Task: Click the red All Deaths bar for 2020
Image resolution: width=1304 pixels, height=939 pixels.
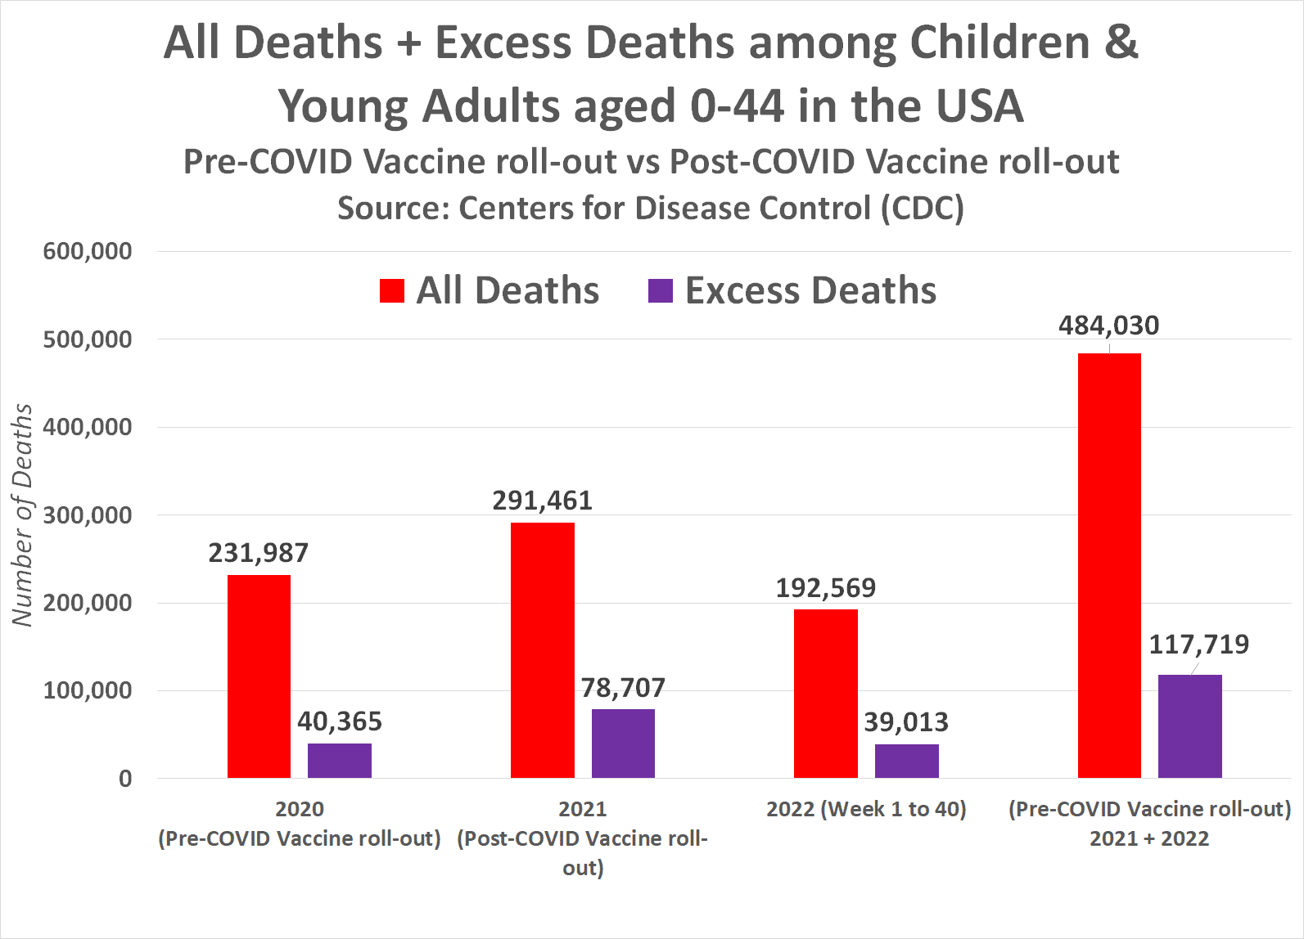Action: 259,676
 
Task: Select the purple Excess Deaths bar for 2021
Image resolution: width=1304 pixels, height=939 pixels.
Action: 623,744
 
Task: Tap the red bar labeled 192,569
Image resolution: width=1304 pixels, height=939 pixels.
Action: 825,694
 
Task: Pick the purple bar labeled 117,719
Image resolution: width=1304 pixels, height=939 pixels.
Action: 1189,726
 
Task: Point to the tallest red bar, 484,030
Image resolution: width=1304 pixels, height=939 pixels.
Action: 1109,565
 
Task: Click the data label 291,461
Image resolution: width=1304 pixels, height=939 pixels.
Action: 542,501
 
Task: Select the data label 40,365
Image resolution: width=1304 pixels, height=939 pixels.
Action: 340,721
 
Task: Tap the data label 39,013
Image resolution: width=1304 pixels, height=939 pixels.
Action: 906,722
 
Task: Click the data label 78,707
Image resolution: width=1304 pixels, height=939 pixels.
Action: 623,688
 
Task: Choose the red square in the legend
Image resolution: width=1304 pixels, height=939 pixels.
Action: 392,291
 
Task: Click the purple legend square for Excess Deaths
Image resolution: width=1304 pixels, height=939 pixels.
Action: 660,291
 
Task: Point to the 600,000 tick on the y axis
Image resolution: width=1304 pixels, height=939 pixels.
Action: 88,251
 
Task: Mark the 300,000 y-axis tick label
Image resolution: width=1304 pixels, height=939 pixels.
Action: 88,515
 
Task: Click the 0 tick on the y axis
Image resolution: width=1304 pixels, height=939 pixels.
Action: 125,779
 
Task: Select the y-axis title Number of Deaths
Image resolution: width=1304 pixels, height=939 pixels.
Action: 23,515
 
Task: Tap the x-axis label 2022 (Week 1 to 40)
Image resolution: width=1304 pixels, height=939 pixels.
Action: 866,809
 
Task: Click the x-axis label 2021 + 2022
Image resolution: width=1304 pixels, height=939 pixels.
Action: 1149,838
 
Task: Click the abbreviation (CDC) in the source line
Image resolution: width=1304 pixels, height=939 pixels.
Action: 923,208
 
